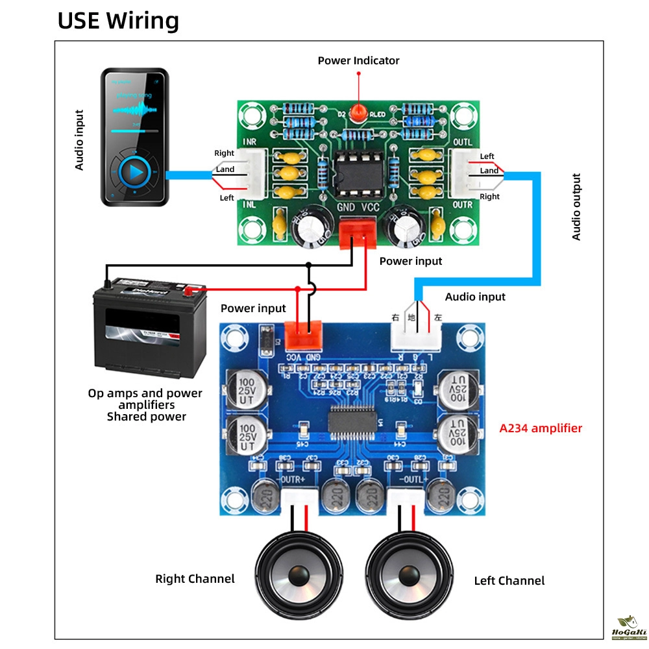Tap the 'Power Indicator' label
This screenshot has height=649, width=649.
point(358,60)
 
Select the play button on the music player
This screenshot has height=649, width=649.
point(135,172)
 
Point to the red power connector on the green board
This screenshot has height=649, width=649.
point(358,232)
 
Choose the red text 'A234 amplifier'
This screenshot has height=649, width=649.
point(541,428)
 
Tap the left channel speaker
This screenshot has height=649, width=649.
point(408,574)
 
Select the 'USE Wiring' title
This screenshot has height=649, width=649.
point(118,21)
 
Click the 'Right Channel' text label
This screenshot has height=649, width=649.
point(195,578)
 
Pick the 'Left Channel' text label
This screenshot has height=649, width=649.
point(509,581)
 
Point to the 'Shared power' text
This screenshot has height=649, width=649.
point(146,417)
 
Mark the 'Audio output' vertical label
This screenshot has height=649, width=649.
point(576,206)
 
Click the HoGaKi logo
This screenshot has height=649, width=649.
point(629,629)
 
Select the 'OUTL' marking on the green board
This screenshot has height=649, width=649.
point(461,143)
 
